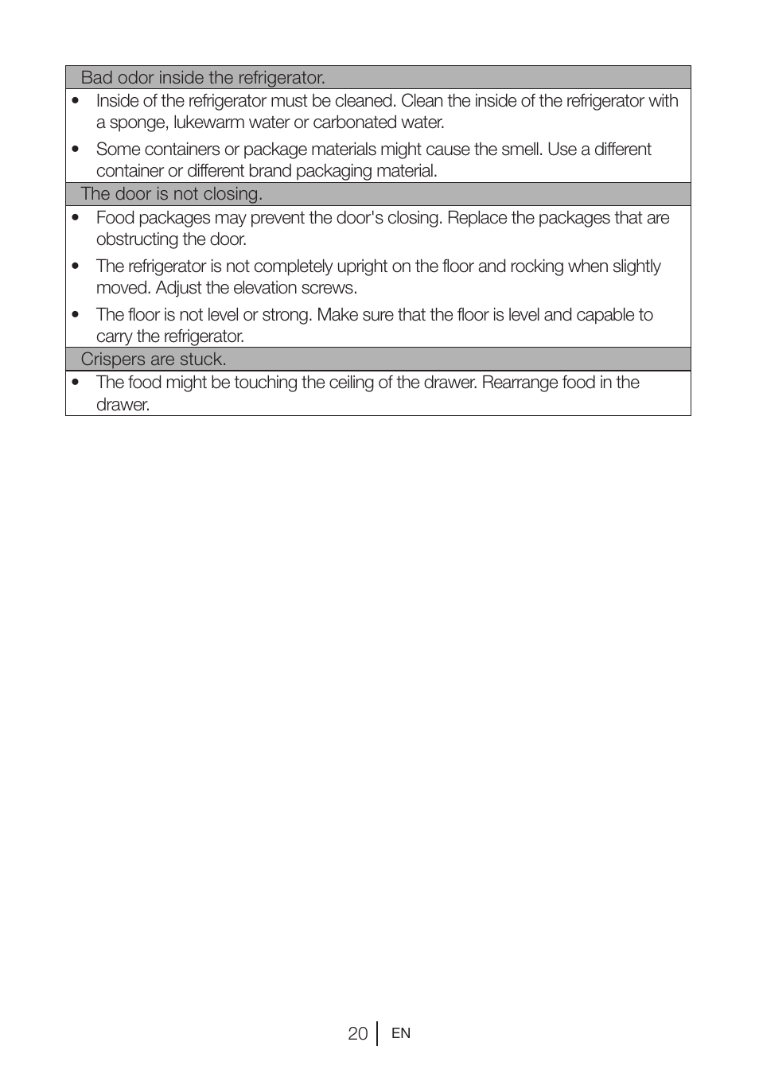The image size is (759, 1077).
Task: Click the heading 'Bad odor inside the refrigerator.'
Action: point(203,78)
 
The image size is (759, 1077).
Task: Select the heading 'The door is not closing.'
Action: point(171,194)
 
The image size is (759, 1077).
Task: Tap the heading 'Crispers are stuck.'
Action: point(154,360)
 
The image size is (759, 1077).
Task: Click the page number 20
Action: point(357,1033)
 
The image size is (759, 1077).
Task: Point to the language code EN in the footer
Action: point(401,1033)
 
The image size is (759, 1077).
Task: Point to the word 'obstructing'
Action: point(138,239)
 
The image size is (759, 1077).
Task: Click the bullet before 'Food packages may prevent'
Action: point(76,218)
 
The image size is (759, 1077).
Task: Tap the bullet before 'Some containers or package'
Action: point(76,150)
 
